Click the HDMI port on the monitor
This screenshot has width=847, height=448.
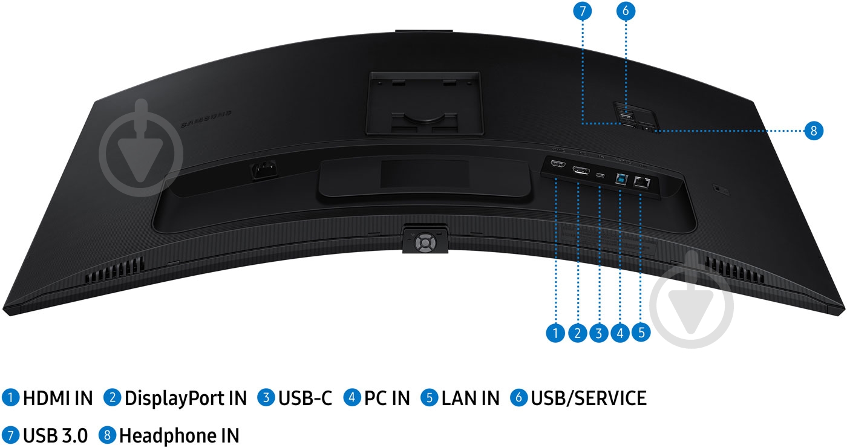click(x=557, y=164)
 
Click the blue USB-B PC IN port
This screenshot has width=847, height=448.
click(x=621, y=179)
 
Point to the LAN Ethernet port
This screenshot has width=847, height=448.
click(x=641, y=181)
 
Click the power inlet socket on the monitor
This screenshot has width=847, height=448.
click(x=264, y=170)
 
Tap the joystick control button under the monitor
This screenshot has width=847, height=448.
click(x=425, y=243)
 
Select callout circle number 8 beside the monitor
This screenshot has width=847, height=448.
click(x=814, y=130)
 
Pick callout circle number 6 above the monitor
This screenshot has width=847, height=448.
click(x=626, y=11)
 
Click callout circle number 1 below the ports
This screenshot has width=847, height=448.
click(x=555, y=332)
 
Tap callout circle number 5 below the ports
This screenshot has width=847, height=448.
click(x=641, y=332)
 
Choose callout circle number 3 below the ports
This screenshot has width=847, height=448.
click(x=599, y=332)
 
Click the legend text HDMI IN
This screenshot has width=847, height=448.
click(x=57, y=398)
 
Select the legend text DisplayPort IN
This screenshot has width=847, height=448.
click(x=185, y=398)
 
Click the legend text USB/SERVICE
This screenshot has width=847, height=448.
click(x=588, y=398)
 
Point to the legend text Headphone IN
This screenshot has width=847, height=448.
click(x=178, y=435)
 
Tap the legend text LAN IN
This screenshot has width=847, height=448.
click(x=470, y=398)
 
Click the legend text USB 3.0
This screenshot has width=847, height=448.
click(x=55, y=435)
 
